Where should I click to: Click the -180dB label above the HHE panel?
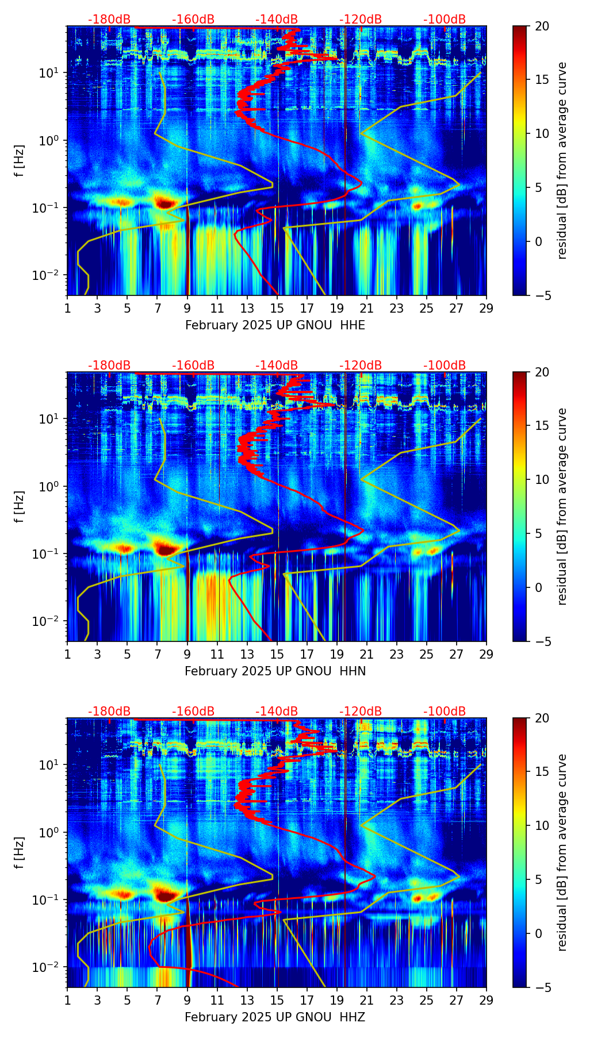pos(109,20)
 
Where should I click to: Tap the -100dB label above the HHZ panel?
pos(445,712)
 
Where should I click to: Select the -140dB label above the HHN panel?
pos(277,366)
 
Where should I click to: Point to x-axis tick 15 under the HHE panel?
pos(277,308)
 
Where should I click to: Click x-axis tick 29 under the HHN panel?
pos(486,654)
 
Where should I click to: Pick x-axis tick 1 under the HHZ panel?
pos(67,1000)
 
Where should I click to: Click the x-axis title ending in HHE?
pos(275,325)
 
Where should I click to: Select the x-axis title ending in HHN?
pos(275,671)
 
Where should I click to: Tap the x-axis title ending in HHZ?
pos(275,1017)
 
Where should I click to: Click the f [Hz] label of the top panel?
pos(20,161)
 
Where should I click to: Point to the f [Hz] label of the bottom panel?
pos(20,853)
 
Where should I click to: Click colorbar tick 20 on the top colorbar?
pos(542,26)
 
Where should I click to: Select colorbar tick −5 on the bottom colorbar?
pos(542,987)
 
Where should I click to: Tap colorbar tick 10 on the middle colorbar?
pos(542,479)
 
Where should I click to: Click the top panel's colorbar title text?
pos(562,161)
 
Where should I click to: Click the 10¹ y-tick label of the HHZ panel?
pos(50,764)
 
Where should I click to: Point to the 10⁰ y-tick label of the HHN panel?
pos(50,486)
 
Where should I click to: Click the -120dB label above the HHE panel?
pos(361,20)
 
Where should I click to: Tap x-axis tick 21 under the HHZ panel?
pos(367,1000)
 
